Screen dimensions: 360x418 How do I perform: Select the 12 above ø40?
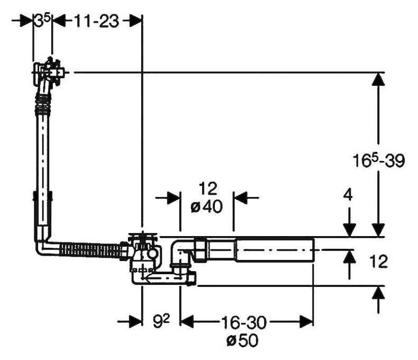[x=208, y=188]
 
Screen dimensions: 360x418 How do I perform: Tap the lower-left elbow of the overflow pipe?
[x=43, y=246]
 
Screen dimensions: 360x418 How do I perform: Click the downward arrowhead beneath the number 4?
[x=349, y=229]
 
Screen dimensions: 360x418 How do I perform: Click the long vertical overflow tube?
[x=43, y=169]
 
